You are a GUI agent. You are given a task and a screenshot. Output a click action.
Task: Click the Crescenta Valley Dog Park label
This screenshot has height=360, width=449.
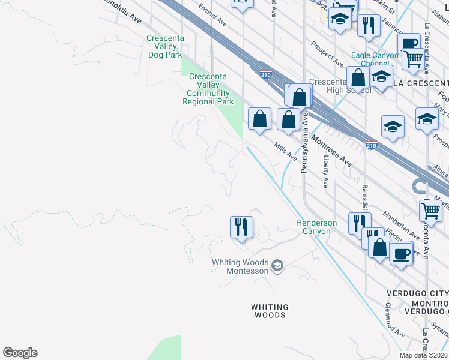(x=164, y=46)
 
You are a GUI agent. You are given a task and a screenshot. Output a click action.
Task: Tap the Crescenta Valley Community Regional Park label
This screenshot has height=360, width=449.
(x=208, y=89)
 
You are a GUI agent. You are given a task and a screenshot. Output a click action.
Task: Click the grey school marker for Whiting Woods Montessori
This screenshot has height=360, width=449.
(x=277, y=265)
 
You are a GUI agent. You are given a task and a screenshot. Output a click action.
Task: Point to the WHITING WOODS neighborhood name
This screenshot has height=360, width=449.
(x=270, y=311)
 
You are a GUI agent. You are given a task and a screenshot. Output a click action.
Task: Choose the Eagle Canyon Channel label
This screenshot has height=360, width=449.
(x=375, y=59)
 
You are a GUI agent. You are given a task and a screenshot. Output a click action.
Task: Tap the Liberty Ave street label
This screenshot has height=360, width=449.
(x=326, y=172)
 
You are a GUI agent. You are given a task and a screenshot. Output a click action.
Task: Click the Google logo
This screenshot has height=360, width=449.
(x=20, y=353)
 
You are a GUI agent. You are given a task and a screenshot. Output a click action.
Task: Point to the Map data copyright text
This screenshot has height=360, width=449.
(x=423, y=355)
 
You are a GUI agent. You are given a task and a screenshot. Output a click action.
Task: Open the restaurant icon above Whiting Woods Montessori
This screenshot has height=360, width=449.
(x=241, y=227)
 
